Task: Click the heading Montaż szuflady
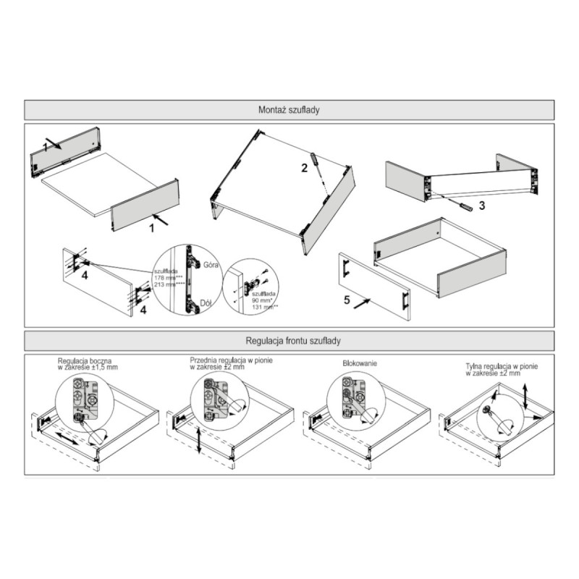click(289, 110)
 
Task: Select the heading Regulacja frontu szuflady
click(289, 340)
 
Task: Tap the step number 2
click(305, 168)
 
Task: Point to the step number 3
click(481, 206)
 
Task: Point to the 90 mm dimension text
click(261, 299)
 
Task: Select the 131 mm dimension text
click(262, 306)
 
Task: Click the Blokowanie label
click(359, 364)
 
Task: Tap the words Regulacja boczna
click(88, 360)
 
